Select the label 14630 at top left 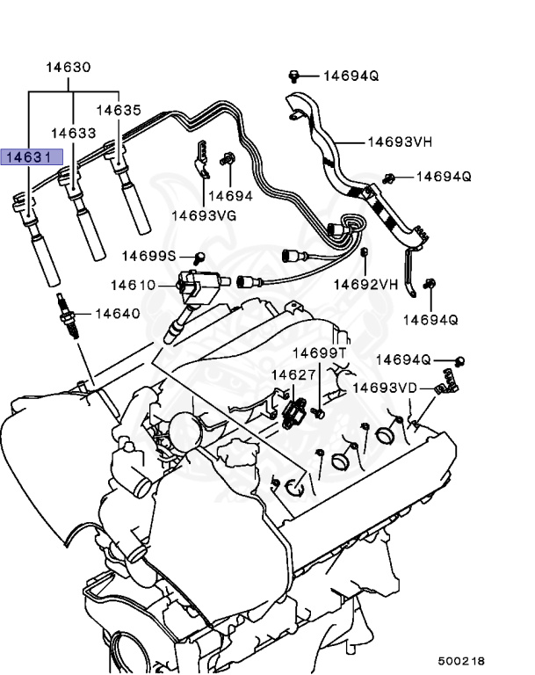[x=69, y=67]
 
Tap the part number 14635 [x=119, y=111]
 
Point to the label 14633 [x=73, y=133]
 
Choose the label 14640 [x=117, y=313]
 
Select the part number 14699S [x=149, y=256]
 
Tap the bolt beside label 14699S [x=199, y=258]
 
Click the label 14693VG [x=204, y=214]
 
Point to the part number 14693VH [x=399, y=141]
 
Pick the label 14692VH [x=365, y=284]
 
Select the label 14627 [x=293, y=375]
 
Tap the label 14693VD [x=385, y=388]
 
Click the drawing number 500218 [x=461, y=660]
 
